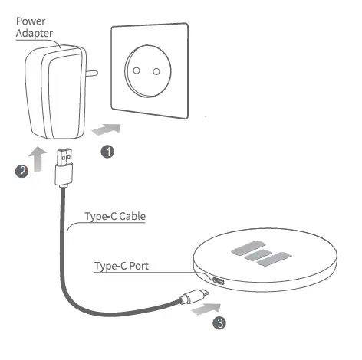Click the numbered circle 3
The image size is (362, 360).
click(x=220, y=323)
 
